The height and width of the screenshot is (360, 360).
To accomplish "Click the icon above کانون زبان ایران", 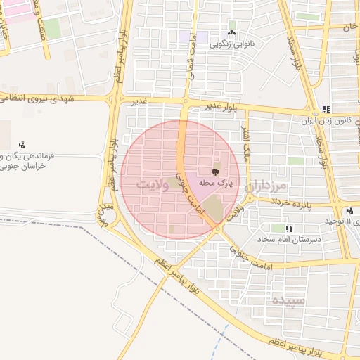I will click(326, 110).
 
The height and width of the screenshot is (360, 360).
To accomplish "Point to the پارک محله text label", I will click(215, 183).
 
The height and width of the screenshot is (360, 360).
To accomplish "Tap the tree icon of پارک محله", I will click(215, 172).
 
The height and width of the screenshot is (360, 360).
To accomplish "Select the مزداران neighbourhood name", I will click(267, 186).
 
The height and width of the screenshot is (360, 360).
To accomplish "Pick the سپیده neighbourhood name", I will click(289, 300).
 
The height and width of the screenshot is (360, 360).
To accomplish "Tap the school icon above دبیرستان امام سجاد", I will click(289, 228).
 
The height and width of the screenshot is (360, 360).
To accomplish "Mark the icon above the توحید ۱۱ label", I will click(350, 210).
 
